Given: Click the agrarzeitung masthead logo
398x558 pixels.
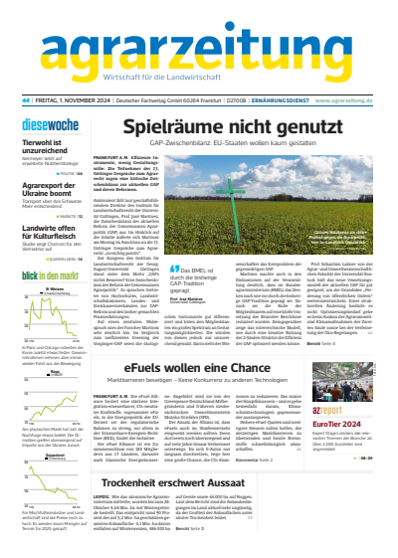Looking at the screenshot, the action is coord(198,46).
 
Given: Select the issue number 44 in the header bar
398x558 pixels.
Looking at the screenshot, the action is coord(25,99).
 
